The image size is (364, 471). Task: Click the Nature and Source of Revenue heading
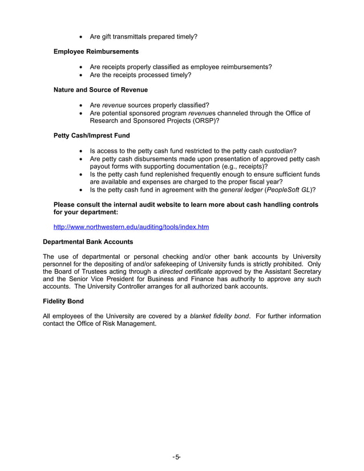point(100,90)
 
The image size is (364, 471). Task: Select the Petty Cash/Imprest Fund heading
point(91,136)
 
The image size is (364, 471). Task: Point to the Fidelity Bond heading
point(63,301)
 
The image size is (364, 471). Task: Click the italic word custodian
point(278,151)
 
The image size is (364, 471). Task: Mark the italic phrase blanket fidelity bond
point(220,316)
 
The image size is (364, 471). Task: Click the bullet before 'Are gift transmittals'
point(83,37)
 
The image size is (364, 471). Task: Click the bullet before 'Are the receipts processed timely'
point(83,75)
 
